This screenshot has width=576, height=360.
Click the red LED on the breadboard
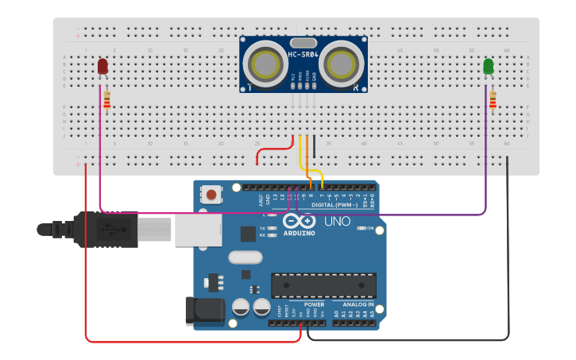coord(103,67)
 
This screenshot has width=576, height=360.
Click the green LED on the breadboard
coord(489,67)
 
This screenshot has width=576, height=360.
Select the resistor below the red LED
coord(107,100)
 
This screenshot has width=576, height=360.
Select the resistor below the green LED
coord(493,100)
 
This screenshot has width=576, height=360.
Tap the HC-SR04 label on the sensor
coord(303,55)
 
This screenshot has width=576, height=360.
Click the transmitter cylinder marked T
coord(262,62)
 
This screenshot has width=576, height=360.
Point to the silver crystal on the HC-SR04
coord(303,43)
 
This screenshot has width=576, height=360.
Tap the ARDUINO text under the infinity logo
coord(299,234)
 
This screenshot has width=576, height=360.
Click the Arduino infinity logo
coord(298,221)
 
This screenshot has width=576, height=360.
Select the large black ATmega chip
coord(323,285)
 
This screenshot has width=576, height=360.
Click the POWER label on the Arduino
coord(314,304)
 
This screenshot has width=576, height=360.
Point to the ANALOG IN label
coord(358,304)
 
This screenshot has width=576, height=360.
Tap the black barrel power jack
coord(203,311)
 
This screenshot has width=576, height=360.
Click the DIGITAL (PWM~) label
coord(334,204)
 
